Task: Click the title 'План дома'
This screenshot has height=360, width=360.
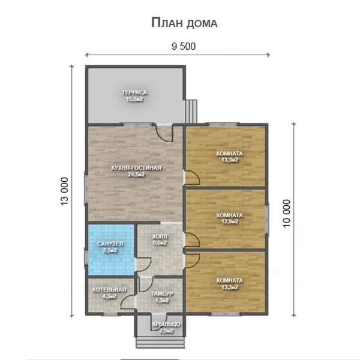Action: click(x=184, y=23)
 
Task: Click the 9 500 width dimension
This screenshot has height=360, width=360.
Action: click(x=184, y=46)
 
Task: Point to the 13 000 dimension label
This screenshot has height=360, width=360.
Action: click(x=65, y=191)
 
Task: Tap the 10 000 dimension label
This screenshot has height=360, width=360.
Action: click(x=287, y=213)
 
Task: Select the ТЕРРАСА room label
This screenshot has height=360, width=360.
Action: click(x=134, y=92)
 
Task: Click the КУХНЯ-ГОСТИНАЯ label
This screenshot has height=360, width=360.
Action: click(x=136, y=168)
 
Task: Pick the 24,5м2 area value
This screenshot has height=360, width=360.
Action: click(x=136, y=175)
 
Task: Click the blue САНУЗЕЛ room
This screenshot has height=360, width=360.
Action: click(x=112, y=250)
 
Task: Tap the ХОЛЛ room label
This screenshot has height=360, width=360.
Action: click(x=160, y=236)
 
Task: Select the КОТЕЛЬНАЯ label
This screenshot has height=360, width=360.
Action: click(x=109, y=290)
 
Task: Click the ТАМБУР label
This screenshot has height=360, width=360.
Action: click(x=162, y=293)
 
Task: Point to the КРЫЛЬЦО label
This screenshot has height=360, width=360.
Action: click(x=166, y=324)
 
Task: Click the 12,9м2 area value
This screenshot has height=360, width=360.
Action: click(x=230, y=222)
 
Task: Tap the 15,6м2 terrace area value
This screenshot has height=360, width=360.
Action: click(x=134, y=99)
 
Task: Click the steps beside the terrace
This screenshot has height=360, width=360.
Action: click(x=191, y=111)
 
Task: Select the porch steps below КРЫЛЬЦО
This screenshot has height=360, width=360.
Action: click(x=160, y=342)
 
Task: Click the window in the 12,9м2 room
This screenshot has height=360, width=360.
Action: click(x=267, y=219)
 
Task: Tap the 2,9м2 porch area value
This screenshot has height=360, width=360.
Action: click(x=166, y=331)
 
